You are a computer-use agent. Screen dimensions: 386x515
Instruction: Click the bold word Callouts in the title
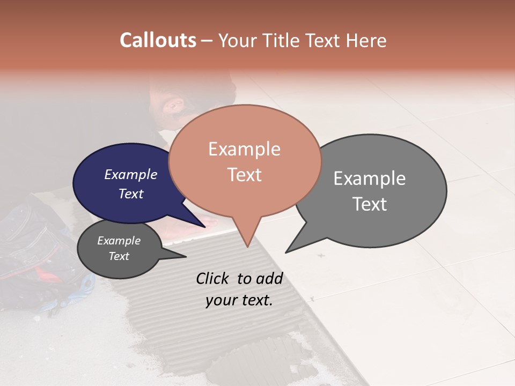tap(158, 40)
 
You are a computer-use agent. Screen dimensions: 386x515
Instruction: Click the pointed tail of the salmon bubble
tap(247, 244)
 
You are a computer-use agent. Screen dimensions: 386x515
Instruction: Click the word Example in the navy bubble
tap(131, 174)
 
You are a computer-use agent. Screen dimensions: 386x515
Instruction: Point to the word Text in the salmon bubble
tap(245, 174)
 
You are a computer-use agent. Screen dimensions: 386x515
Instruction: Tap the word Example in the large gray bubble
tap(370, 179)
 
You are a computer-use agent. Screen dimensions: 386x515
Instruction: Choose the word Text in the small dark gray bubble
tap(119, 256)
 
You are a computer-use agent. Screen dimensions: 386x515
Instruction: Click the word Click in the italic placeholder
tap(213, 278)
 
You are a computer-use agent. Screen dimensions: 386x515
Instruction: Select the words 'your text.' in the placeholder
tap(239, 300)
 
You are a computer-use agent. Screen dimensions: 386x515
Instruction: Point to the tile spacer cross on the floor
tap(321, 256)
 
